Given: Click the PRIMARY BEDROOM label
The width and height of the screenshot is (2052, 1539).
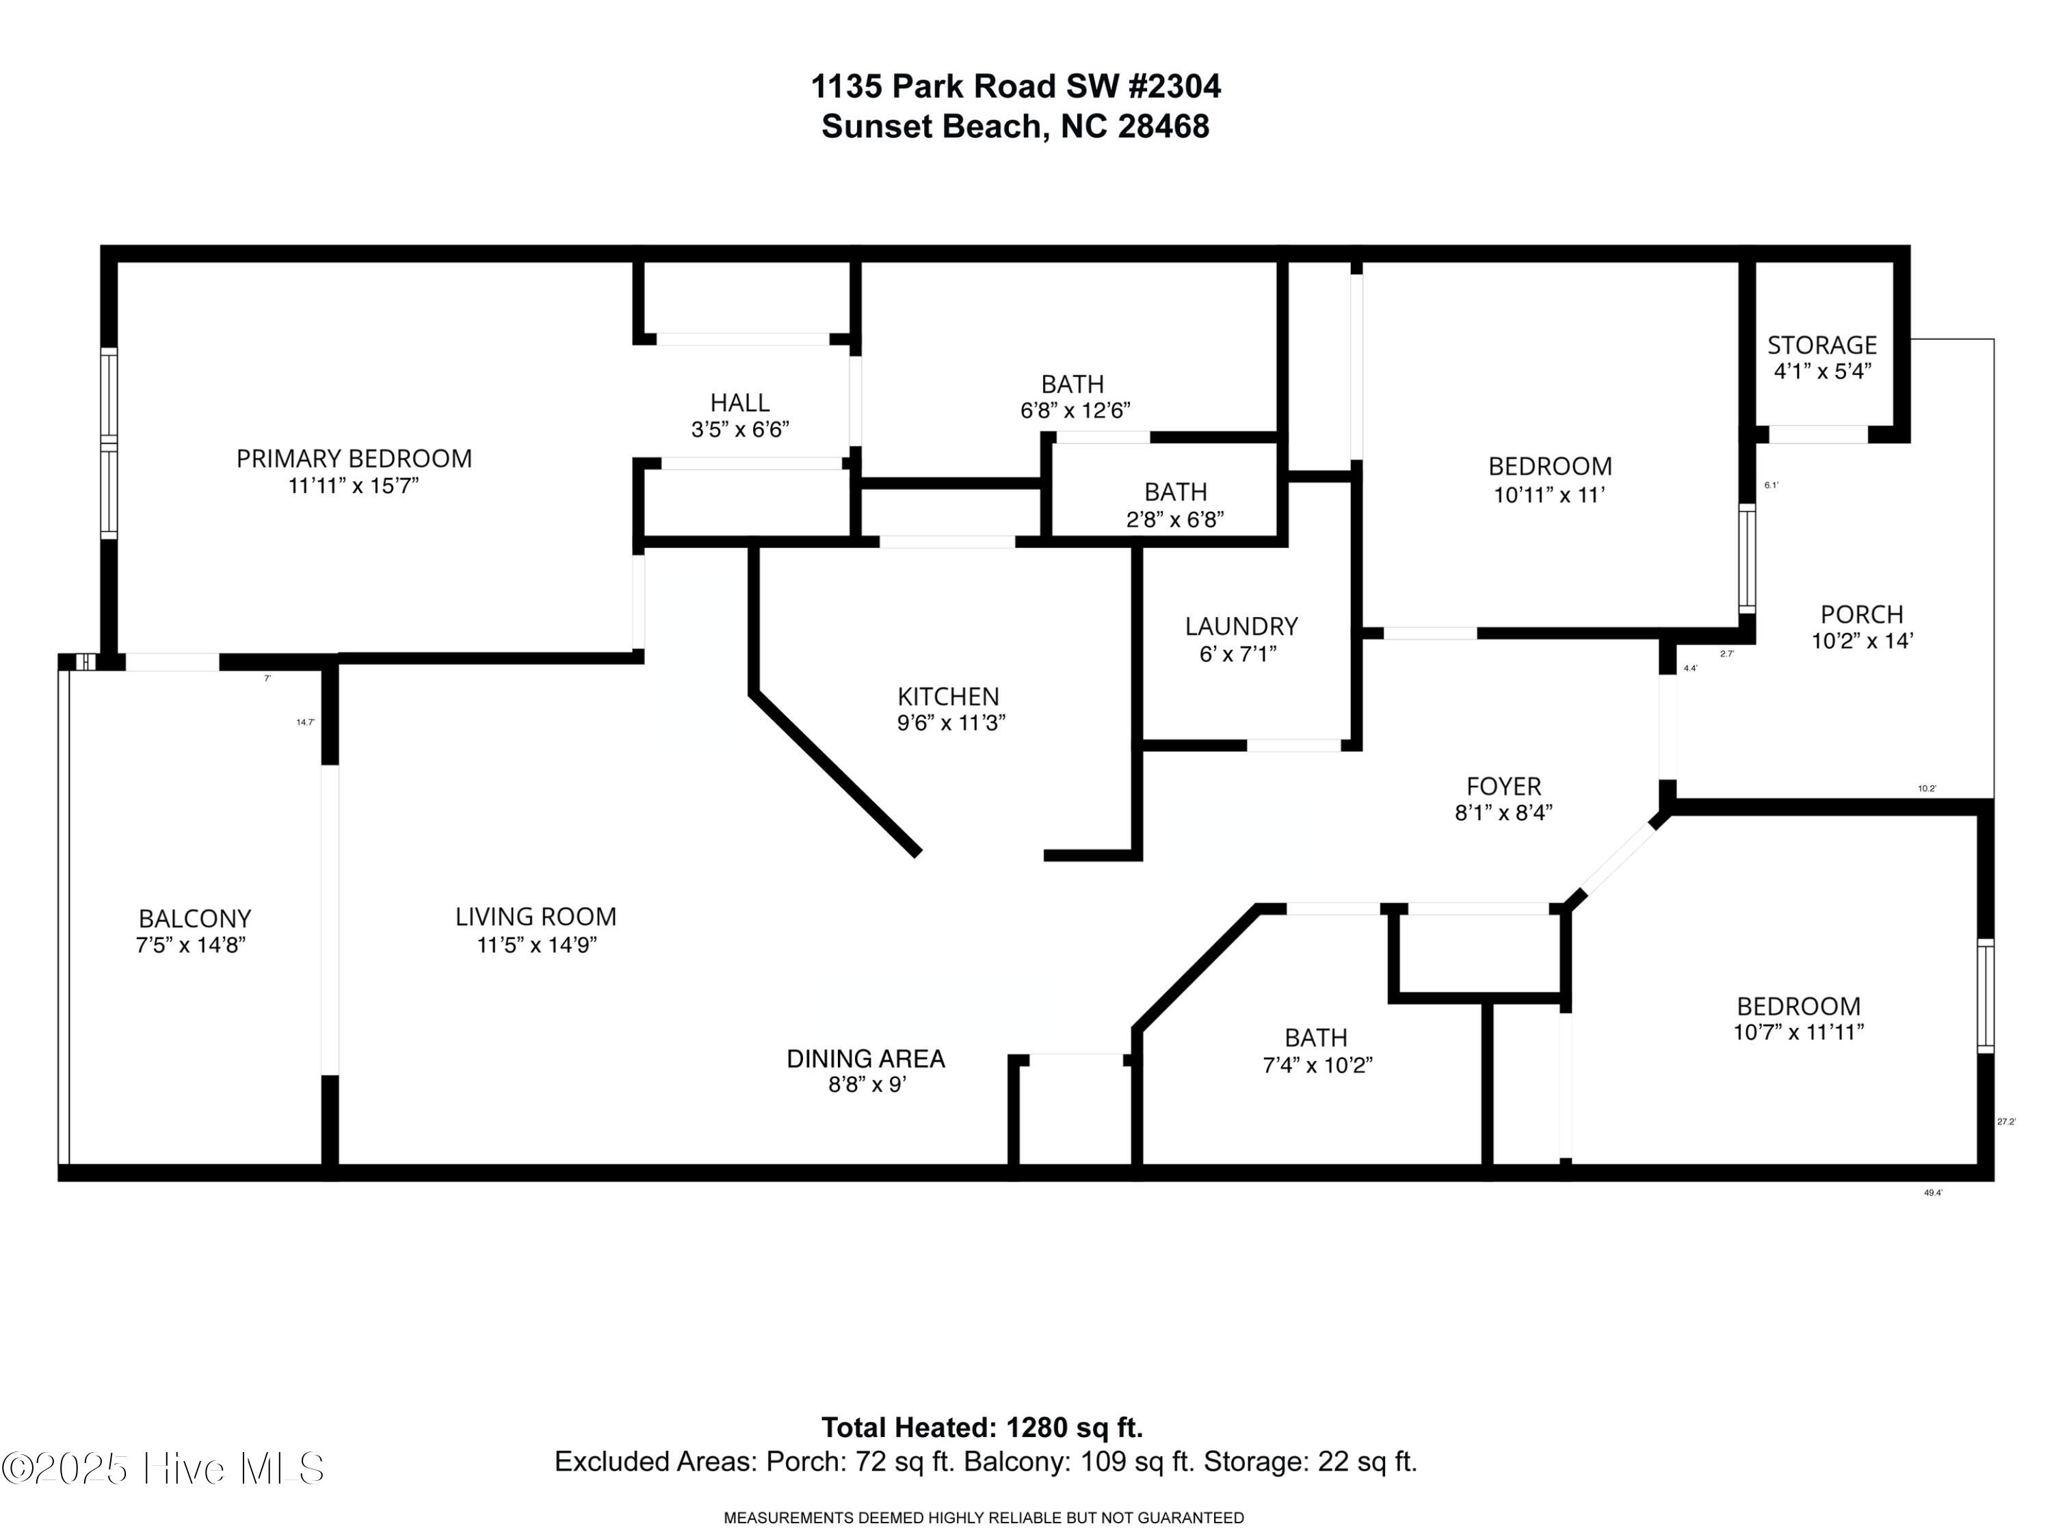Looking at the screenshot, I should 354,458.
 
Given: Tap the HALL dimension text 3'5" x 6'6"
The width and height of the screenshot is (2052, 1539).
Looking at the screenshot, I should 739,430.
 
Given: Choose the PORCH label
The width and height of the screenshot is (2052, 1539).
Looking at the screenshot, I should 1861,614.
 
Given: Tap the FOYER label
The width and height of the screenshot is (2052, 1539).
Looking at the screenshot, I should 1503,787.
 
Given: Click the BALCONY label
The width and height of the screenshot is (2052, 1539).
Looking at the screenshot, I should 195,919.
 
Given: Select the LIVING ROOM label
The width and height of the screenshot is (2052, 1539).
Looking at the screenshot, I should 536,917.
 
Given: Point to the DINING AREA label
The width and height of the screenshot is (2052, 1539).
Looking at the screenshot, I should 865,1058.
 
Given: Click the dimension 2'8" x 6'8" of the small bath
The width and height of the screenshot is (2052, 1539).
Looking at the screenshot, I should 1174,519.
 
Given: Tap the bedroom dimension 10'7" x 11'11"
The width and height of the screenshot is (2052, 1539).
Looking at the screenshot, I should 1798,1031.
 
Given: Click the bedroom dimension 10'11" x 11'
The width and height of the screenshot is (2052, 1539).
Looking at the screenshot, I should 1549,495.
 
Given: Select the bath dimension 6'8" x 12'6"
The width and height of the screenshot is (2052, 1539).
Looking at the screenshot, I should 1075,410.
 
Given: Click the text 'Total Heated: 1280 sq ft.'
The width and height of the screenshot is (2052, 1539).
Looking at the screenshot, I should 982,1427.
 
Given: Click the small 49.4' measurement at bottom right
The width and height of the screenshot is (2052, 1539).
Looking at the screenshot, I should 1932,1193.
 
